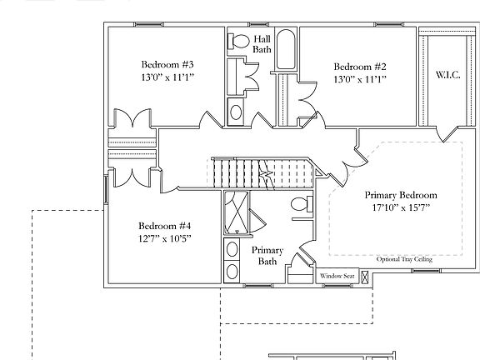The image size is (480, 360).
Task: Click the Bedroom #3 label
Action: pos(167,65)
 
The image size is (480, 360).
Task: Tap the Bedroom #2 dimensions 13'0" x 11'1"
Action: pos(361,80)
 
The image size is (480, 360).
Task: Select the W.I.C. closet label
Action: pos(447,74)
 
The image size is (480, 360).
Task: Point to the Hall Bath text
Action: pos(262,44)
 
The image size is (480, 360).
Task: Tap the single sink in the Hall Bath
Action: pos(236,111)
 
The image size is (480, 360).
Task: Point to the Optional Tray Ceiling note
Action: pos(404,258)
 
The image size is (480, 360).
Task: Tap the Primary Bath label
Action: pos(267,256)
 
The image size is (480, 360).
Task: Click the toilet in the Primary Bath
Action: pos(300,206)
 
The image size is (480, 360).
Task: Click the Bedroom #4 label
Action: pos(165,225)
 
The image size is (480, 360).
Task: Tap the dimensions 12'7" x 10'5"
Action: pos(165,238)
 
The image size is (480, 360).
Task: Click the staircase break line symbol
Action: pos(267,173)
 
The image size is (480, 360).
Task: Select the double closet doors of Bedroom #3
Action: pos(130,119)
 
